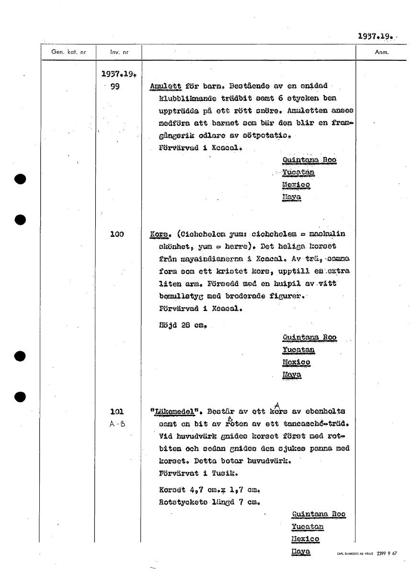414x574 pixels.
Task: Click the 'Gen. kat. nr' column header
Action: [69, 52]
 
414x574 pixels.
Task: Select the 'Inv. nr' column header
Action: [118, 52]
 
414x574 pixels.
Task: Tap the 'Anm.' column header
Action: [381, 52]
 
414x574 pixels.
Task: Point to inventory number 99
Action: [115, 87]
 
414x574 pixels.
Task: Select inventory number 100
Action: [116, 234]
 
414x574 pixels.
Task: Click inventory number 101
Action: [116, 411]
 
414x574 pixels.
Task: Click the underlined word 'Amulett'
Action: [165, 87]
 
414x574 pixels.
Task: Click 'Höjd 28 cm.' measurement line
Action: [183, 326]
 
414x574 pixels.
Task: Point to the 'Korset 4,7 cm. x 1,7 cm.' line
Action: [209, 490]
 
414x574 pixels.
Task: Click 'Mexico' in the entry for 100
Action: [297, 363]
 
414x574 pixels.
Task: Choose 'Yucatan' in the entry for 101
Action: [308, 527]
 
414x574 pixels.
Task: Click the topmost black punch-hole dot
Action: [20, 179]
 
